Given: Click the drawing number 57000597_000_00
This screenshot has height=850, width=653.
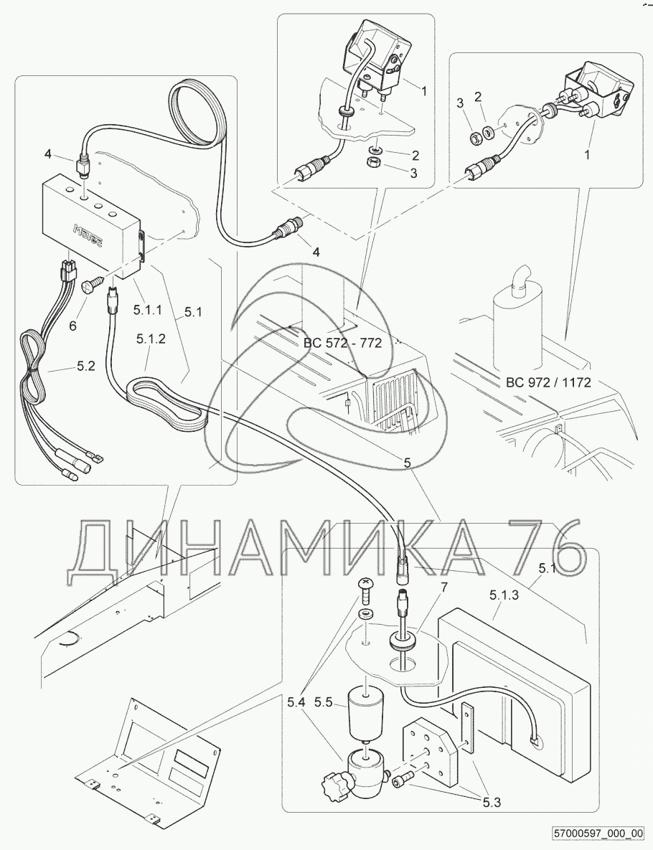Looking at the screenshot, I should point(598,834).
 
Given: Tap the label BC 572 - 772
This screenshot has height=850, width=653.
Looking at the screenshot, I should point(342,343).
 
